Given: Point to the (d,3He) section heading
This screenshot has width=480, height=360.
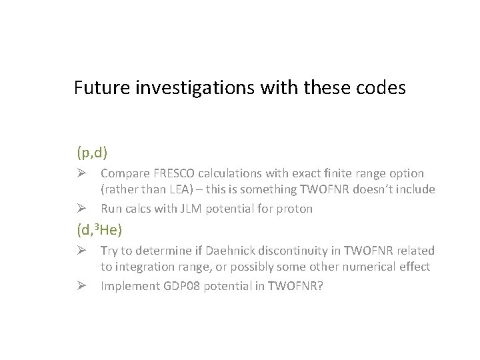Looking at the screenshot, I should (100, 231).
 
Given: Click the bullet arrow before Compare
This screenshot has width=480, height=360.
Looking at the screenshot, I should (83, 173).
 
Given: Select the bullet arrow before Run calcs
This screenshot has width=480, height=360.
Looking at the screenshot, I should (83, 209).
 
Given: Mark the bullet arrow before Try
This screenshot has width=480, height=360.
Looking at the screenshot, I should (83, 251).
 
